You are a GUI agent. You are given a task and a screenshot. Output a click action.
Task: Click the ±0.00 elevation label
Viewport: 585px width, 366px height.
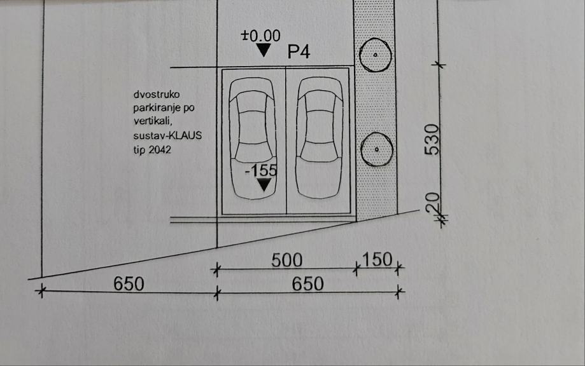tap(260, 35)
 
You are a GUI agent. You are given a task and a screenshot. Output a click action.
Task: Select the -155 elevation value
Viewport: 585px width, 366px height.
tap(261, 170)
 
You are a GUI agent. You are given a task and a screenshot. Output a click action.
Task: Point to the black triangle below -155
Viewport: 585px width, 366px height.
tap(262, 185)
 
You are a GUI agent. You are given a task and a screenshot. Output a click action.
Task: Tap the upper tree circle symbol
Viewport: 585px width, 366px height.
tap(375, 55)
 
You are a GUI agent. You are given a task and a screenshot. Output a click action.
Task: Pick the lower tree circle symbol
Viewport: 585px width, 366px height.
tap(375, 149)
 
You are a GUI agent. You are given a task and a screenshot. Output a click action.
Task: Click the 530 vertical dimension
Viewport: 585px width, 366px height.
tap(433, 140)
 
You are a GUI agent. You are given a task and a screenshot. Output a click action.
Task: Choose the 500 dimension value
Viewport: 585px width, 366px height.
tap(286, 261)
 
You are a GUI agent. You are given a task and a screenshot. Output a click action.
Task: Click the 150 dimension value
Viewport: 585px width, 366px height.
tap(377, 261)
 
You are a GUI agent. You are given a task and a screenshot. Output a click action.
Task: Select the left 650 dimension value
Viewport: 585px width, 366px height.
tap(129, 283)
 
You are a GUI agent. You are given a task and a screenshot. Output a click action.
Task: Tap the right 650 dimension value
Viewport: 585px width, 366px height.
tap(307, 283)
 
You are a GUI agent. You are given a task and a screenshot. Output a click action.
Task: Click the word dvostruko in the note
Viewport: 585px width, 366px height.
tap(152, 95)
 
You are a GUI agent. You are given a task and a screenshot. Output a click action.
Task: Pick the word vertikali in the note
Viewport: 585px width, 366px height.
tap(153, 122)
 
